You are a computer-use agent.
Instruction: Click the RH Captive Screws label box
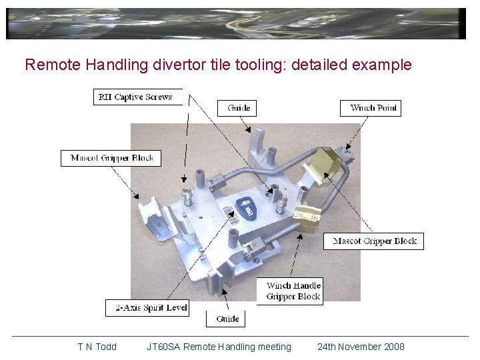click(x=136, y=97)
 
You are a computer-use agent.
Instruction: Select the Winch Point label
click(x=371, y=108)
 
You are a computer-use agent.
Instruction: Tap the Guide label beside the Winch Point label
click(x=238, y=108)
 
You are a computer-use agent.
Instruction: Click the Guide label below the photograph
click(x=227, y=319)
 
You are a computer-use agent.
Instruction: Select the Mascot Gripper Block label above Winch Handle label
click(x=374, y=241)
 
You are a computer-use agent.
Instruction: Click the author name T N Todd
click(x=97, y=347)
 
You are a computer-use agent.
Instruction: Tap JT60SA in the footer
click(x=163, y=347)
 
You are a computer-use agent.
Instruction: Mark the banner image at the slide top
click(x=236, y=24)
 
